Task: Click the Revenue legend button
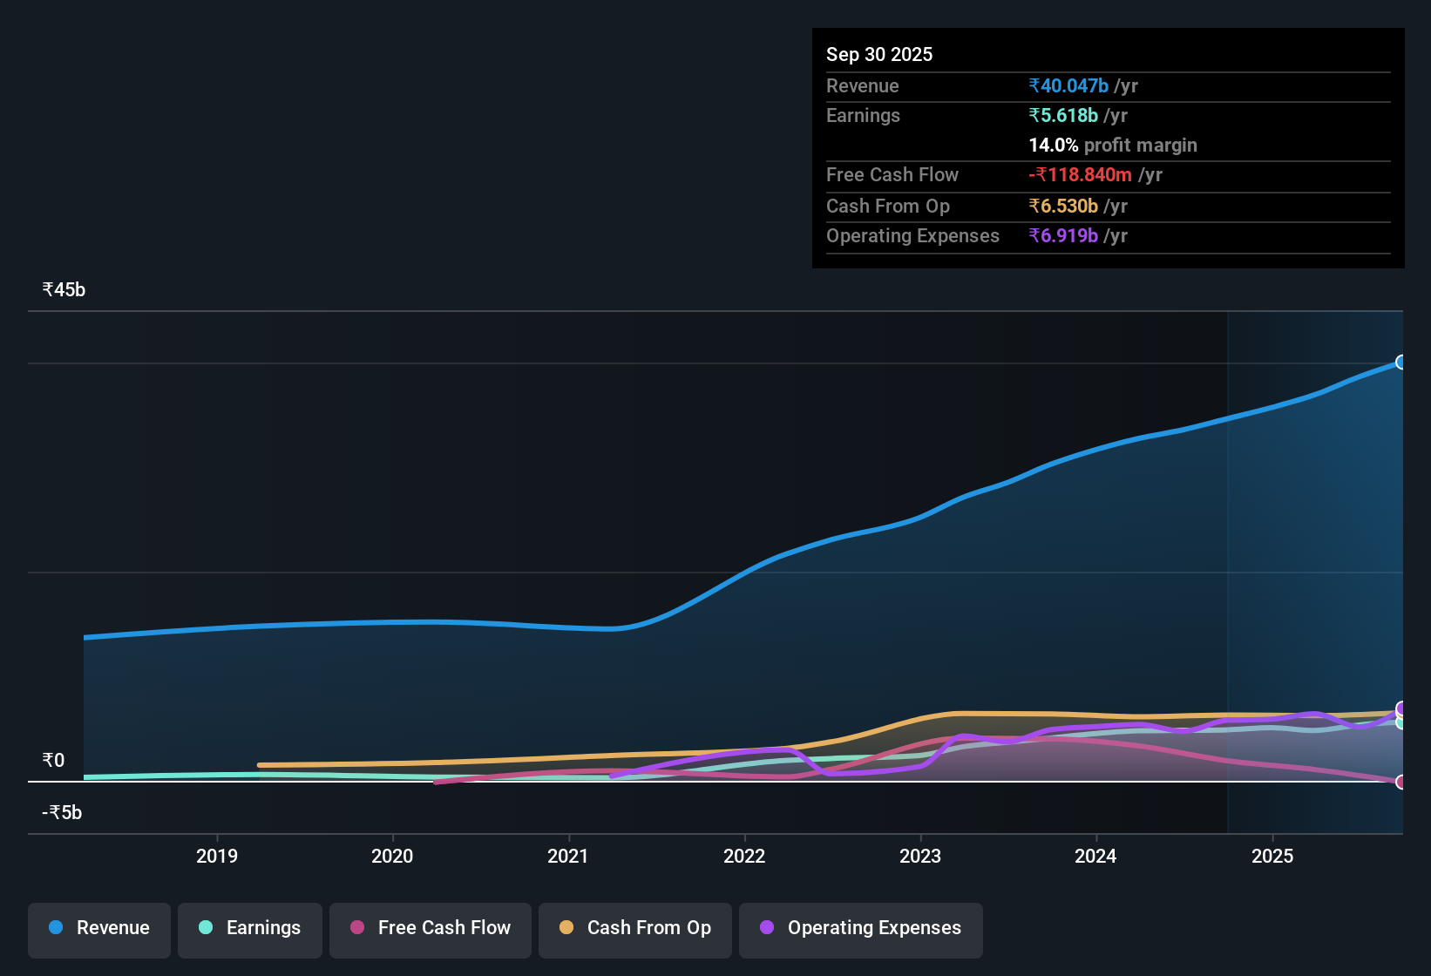(99, 928)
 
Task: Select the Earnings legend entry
(250, 928)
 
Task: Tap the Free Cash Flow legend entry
(431, 928)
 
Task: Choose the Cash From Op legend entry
(635, 928)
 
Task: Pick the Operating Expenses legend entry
(861, 928)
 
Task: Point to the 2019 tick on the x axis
(217, 856)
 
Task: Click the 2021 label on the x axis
(568, 856)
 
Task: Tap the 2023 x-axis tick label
(920, 856)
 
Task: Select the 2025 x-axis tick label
(1272, 856)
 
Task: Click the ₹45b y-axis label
(64, 290)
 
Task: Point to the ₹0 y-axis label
(53, 761)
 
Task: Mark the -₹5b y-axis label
(62, 813)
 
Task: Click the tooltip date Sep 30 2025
(878, 54)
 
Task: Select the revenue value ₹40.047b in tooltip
(1068, 85)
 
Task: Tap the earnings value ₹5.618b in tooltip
(1063, 115)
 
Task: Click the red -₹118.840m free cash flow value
(1080, 174)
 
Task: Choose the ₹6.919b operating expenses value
(1063, 235)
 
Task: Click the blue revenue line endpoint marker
(1400, 363)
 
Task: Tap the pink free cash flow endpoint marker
(1400, 782)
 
